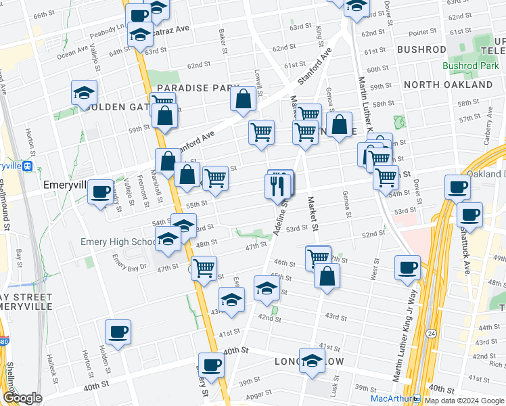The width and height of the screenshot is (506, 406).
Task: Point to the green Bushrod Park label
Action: pos(470,66)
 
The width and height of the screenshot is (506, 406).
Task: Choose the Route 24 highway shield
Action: pos(431,333)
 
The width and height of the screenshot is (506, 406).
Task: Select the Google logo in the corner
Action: pos(22,397)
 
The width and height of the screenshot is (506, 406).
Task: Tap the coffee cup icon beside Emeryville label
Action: pos(100,192)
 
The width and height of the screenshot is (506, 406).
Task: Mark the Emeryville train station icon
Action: pos(28,166)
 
